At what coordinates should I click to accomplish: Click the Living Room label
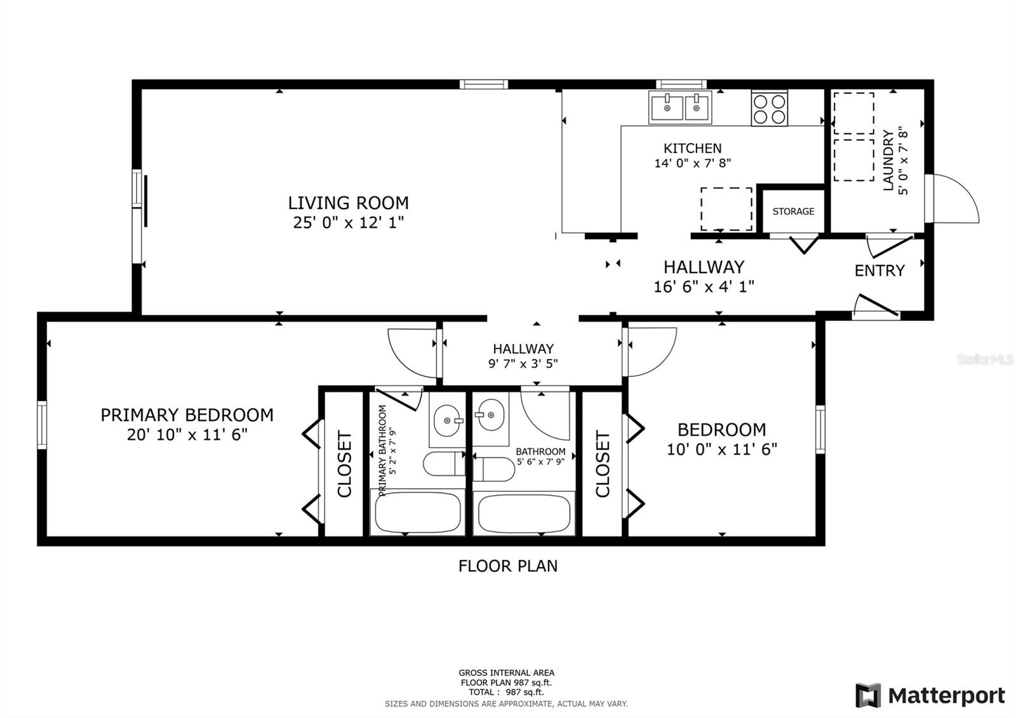pyautogui.click(x=349, y=203)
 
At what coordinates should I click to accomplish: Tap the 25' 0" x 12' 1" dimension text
pyautogui.click(x=349, y=222)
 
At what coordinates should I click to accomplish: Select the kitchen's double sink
pyautogui.click(x=680, y=107)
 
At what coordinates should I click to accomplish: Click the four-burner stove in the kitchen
pyautogui.click(x=769, y=108)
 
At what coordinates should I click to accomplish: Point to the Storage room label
pyautogui.click(x=793, y=212)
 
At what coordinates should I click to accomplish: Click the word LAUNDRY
pyautogui.click(x=888, y=160)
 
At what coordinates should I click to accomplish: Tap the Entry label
pyautogui.click(x=879, y=271)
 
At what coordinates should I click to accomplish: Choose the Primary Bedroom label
pyautogui.click(x=187, y=416)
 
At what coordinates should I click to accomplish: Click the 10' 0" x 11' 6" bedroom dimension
pyautogui.click(x=721, y=449)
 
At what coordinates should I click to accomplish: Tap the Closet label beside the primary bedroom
pyautogui.click(x=345, y=464)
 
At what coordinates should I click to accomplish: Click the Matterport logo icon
pyautogui.click(x=868, y=695)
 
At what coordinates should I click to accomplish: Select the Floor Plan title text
pyautogui.click(x=508, y=566)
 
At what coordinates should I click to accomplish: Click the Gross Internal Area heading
pyautogui.click(x=506, y=673)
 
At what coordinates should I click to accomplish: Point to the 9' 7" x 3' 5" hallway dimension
pyautogui.click(x=523, y=363)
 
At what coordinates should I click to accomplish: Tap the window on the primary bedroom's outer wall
pyautogui.click(x=42, y=425)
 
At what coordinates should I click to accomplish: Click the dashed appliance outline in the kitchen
pyautogui.click(x=726, y=209)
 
